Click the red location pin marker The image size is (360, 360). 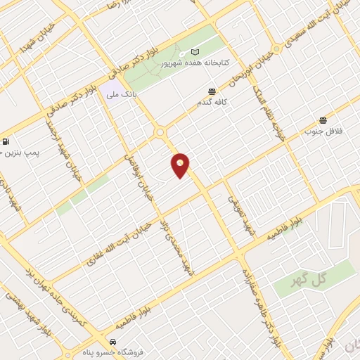coord(181,165)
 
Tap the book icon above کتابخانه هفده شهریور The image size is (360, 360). coord(195,52)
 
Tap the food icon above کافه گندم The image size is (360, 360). coord(212,91)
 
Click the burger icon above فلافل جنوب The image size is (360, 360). coord(323,120)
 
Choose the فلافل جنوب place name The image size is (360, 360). coord(323,131)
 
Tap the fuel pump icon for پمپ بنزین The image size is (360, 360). coord(6,141)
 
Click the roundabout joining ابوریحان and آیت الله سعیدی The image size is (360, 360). coord(277,49)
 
